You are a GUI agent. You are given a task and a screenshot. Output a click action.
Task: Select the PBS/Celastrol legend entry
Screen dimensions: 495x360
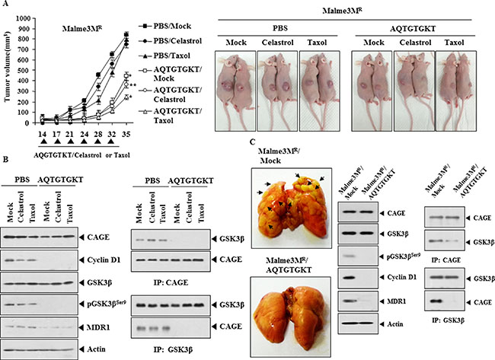pyautogui.click(x=171, y=41)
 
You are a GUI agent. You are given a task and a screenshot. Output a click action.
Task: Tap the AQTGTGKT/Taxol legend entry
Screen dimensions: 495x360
pyautogui.click(x=171, y=116)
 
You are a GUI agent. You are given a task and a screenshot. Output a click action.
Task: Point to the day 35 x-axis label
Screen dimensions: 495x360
pyautogui.click(x=126, y=135)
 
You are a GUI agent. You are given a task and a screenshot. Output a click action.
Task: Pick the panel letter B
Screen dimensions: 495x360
pyautogui.click(x=5, y=160)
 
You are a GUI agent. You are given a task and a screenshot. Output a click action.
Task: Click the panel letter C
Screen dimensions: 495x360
pyautogui.click(x=252, y=142)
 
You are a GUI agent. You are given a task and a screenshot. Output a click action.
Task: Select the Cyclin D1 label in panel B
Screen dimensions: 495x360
pyautogui.click(x=100, y=260)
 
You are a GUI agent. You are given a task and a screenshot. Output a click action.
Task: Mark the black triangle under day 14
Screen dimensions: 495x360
pyautogui.click(x=43, y=142)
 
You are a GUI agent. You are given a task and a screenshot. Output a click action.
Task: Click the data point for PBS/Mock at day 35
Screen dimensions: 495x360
pyautogui.click(x=126, y=34)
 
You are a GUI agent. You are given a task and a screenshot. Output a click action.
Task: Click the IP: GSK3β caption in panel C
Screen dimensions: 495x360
pyautogui.click(x=448, y=321)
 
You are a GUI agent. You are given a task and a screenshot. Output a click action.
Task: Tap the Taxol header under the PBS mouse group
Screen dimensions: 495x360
pyautogui.click(x=318, y=43)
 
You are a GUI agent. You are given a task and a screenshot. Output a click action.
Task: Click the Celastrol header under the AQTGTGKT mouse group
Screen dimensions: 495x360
pyautogui.click(x=415, y=43)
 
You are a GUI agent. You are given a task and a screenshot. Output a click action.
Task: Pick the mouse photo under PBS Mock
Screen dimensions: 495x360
pyautogui.click(x=235, y=91)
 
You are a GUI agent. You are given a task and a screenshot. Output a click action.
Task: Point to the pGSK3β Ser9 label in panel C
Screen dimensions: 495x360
pyautogui.click(x=404, y=256)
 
